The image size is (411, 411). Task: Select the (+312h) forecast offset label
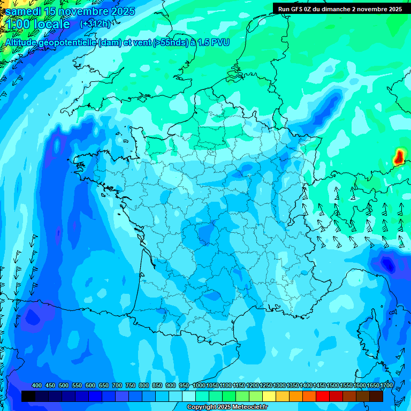95,24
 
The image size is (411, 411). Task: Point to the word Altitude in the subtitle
24,42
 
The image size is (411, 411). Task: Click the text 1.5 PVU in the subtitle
213,42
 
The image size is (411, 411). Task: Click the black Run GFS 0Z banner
340,9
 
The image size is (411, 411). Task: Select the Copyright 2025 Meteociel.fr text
227,407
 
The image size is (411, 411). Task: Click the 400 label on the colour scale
37,386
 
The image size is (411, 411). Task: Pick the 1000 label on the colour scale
199,386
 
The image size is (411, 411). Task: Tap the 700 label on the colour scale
117,386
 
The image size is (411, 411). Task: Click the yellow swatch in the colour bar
269,396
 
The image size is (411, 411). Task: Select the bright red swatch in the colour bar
323,396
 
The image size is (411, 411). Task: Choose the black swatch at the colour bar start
28,396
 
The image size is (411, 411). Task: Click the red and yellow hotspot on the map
399,157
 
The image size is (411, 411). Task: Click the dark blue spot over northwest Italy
386,263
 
